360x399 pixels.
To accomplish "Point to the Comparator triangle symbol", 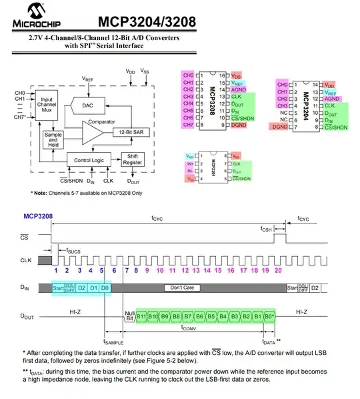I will pyautogui.click(x=93, y=131).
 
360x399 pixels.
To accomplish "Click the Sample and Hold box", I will pyautogui.click(x=52, y=139).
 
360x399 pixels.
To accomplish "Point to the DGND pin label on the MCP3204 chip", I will pyautogui.click(x=280, y=126).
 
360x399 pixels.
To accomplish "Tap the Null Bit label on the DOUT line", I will pyautogui.click(x=129, y=316).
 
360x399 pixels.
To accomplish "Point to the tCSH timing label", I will pyautogui.click(x=267, y=228).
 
